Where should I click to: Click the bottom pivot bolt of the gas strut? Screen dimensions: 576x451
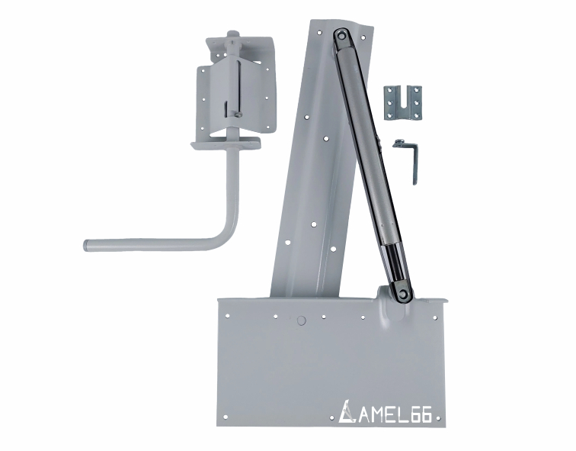[403, 293]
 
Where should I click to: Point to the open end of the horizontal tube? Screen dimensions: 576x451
[86, 245]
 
